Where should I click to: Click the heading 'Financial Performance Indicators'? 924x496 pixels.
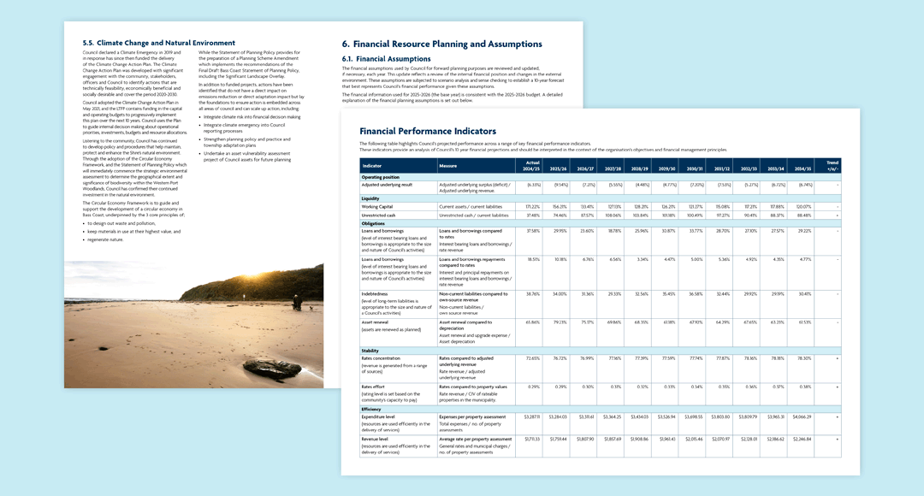tap(427, 131)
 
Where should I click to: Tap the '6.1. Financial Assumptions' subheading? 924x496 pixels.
tap(386, 58)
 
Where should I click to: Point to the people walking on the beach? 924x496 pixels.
tap(296, 302)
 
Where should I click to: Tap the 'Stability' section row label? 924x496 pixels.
tap(370, 350)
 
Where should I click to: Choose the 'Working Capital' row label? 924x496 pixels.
tap(377, 206)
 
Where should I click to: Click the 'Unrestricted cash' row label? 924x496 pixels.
tap(379, 216)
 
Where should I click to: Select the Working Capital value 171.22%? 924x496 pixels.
tap(532, 206)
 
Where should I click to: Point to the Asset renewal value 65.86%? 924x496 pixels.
tap(532, 322)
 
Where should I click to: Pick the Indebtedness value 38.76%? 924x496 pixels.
tap(532, 292)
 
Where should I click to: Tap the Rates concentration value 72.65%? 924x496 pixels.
tap(532, 358)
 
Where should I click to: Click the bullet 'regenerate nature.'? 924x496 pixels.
tap(105, 239)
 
